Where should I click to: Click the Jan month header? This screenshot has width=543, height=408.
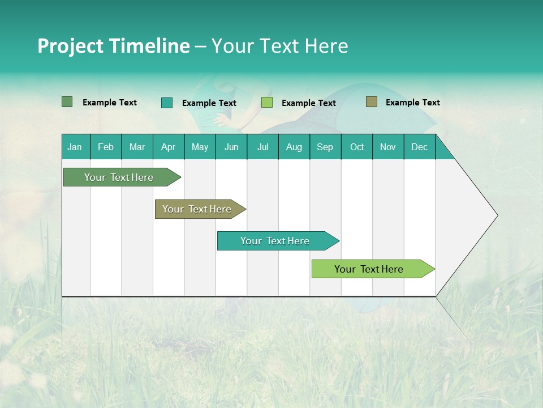tap(75, 147)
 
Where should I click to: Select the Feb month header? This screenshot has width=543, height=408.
tap(106, 147)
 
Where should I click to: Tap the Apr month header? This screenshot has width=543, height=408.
tap(169, 147)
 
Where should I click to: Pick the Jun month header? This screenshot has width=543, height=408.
tap(231, 147)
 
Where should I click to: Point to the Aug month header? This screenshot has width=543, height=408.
tap(294, 147)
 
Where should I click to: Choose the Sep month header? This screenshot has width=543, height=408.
tap(325, 147)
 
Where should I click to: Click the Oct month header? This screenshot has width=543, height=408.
tap(357, 147)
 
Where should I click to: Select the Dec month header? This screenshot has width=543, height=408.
tap(420, 147)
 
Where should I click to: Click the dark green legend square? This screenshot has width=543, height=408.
tap(67, 102)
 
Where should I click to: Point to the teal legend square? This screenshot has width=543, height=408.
tap(166, 103)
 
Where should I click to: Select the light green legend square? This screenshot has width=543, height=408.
tap(267, 103)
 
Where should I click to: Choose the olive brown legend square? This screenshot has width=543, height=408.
tap(371, 102)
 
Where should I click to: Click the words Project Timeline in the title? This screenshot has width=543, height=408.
tap(113, 46)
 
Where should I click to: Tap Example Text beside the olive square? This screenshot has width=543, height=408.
tap(412, 103)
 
